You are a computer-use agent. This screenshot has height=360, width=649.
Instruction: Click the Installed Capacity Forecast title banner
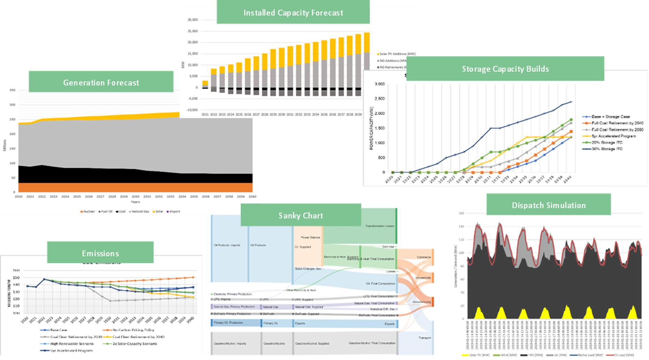[x=293, y=13]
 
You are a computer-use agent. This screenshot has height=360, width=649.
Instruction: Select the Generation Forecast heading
[x=101, y=83]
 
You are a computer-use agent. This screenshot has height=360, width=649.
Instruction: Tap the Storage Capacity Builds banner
[x=505, y=69]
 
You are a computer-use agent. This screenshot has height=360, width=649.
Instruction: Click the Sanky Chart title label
[x=301, y=216]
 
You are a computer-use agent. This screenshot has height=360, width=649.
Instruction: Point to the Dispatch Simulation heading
[x=549, y=205]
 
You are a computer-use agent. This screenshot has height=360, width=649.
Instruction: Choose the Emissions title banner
[x=100, y=253]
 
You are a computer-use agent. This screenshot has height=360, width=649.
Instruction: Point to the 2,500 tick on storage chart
[x=380, y=99]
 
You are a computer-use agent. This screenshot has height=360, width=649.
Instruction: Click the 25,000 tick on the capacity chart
[x=193, y=31]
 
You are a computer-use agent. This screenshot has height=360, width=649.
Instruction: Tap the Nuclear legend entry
[x=89, y=212]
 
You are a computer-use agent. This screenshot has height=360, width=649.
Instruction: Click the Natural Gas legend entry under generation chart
[x=140, y=212]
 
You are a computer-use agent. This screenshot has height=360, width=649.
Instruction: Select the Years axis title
[x=135, y=202]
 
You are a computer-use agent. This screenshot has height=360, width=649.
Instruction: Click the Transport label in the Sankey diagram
[x=425, y=338]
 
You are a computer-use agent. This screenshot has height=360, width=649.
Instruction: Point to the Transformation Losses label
[x=380, y=226]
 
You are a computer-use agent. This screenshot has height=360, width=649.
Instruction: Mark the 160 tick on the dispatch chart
[x=461, y=213]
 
